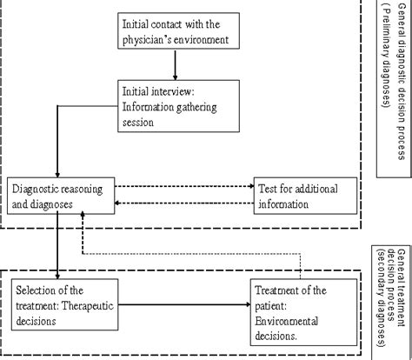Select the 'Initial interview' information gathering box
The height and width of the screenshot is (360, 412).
tap(174, 104)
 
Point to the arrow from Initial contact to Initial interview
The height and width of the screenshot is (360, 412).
tap(175, 65)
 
